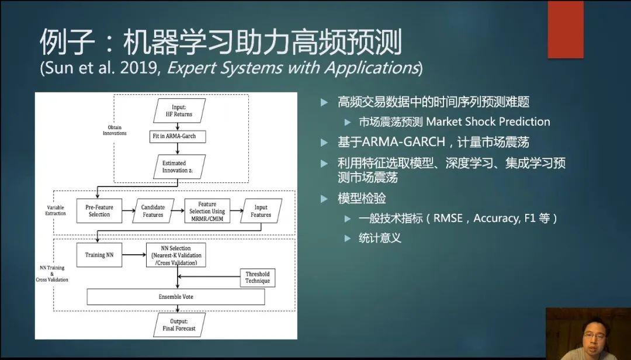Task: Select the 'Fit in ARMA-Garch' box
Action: [178, 136]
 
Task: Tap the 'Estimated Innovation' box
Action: [178, 167]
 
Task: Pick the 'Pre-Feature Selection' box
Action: [99, 211]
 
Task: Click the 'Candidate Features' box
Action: [153, 211]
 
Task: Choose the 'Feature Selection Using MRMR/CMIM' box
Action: [207, 211]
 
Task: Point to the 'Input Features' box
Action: [261, 211]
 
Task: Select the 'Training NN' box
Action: [99, 255]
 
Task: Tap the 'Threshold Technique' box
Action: [258, 278]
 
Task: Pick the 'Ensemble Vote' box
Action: [175, 297]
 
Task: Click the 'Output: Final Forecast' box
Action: [178, 324]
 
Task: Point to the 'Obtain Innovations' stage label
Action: [115, 130]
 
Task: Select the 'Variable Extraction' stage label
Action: [56, 210]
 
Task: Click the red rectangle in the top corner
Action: [565, 29]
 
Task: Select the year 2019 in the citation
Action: [139, 68]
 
